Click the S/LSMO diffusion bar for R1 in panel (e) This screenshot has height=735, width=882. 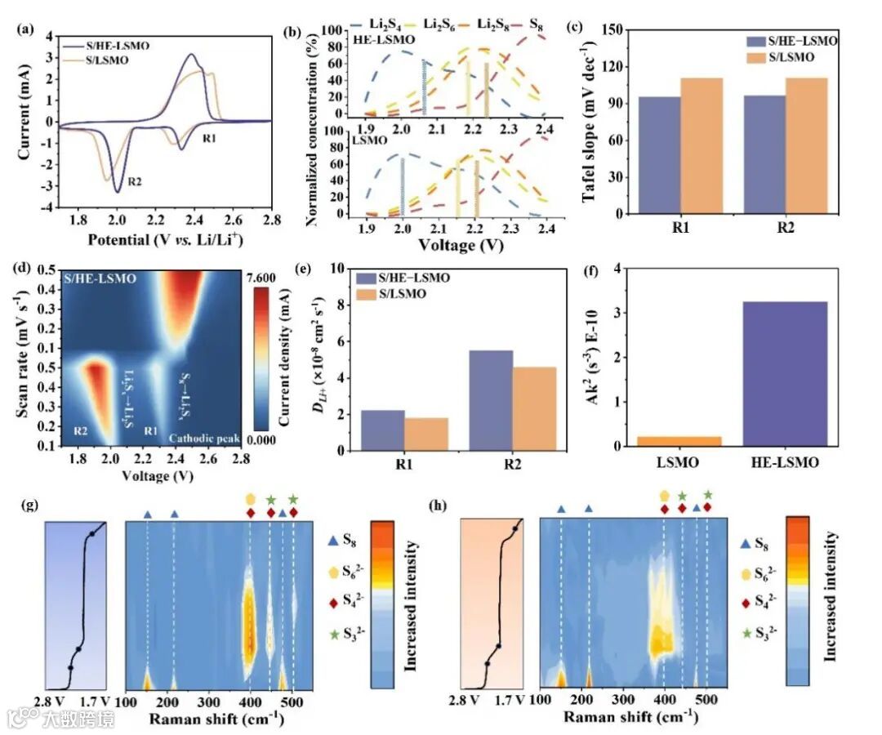tap(426, 434)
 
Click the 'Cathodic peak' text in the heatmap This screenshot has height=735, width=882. tap(204, 439)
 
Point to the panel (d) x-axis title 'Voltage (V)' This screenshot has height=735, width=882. tap(152, 474)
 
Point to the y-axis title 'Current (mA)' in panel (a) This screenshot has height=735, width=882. tap(25, 120)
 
